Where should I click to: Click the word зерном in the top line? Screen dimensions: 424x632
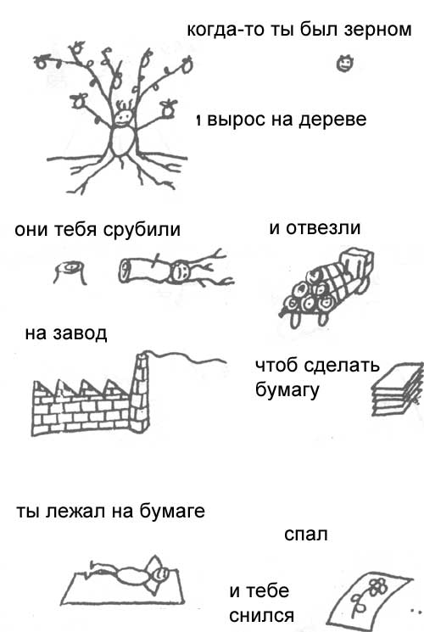click(x=377, y=31)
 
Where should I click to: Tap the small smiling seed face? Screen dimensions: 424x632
click(x=345, y=64)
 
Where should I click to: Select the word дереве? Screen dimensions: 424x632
click(x=332, y=120)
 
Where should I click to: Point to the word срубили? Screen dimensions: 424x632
click(x=142, y=230)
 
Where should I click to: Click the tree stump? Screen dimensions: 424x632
click(x=70, y=272)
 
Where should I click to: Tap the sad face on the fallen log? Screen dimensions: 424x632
click(x=180, y=271)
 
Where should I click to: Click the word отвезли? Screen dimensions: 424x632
click(x=323, y=228)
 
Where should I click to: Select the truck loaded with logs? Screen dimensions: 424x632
click(x=326, y=287)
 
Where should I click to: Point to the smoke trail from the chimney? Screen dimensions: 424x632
click(x=187, y=357)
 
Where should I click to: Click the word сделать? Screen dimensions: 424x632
click(x=341, y=365)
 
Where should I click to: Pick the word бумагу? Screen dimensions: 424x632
click(x=287, y=389)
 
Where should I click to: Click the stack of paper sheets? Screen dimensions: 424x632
click(x=397, y=389)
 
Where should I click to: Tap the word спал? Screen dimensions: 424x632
click(x=306, y=534)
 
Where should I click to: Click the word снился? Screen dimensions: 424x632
click(x=261, y=616)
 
